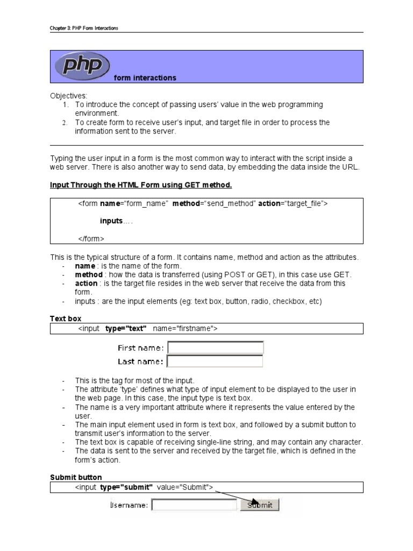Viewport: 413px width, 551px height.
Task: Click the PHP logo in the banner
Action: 82,66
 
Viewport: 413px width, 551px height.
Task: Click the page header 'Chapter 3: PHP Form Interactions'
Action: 84,28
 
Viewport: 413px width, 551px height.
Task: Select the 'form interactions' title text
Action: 145,78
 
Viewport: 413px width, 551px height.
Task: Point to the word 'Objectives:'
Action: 68,95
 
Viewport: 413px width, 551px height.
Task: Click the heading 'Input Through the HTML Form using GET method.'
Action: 141,185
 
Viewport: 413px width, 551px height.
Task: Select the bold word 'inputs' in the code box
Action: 111,221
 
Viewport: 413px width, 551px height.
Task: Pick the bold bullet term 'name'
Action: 85,266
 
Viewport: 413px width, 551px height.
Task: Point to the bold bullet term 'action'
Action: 86,284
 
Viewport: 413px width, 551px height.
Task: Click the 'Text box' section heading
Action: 66,319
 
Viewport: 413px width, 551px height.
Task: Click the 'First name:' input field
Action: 215,348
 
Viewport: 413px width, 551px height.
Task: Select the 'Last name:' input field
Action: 215,361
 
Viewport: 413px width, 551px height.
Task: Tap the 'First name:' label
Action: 141,348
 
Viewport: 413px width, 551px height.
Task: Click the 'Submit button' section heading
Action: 76,477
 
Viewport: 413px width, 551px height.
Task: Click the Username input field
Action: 194,505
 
